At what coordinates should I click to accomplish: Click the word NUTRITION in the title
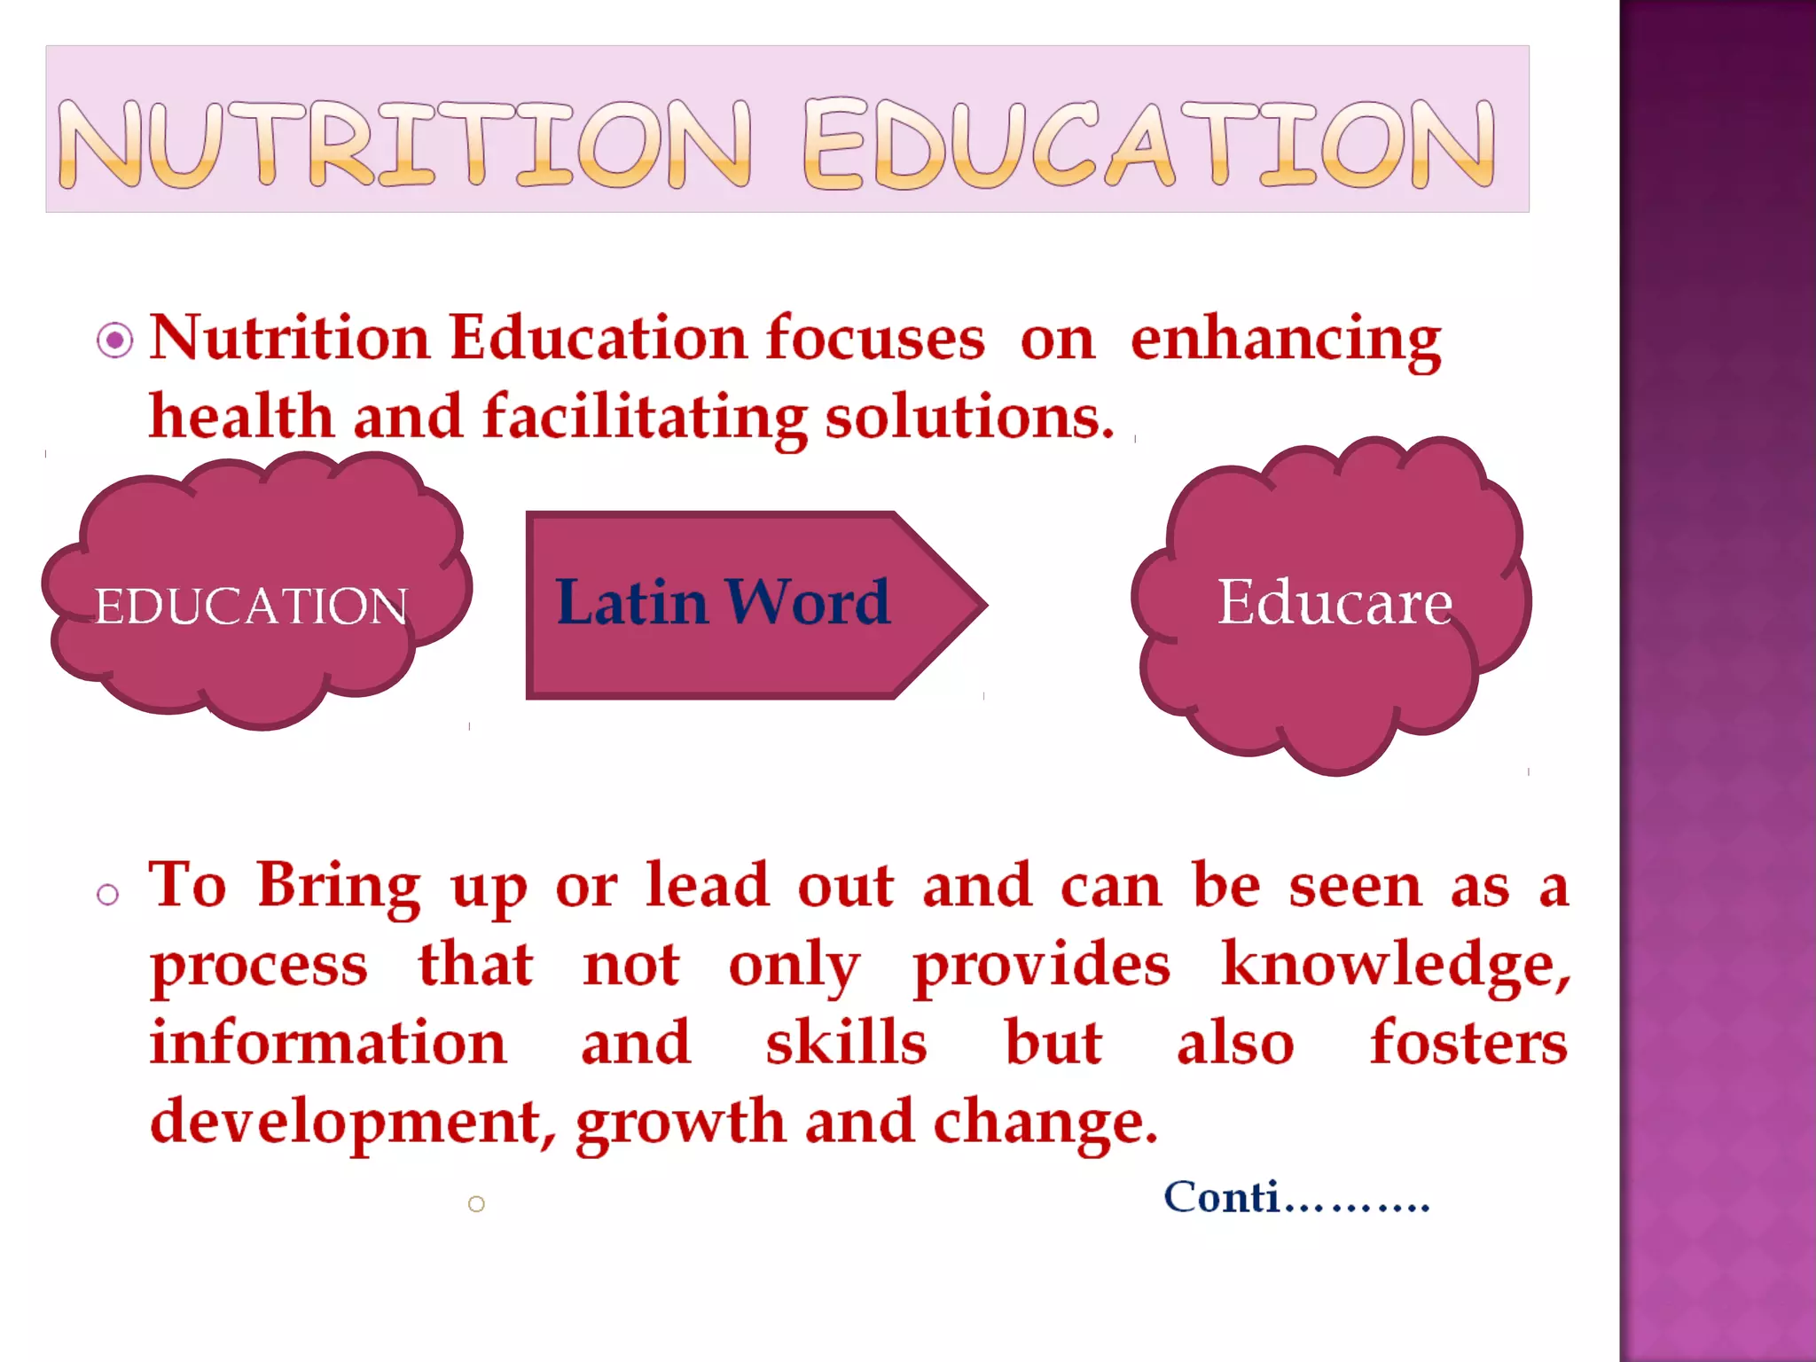point(404,144)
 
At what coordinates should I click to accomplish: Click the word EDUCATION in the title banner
point(1149,144)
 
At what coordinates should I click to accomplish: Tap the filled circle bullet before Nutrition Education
point(115,340)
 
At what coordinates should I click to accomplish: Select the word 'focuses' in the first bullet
point(874,339)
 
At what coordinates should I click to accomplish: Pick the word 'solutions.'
point(968,417)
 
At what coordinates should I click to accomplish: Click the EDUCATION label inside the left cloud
point(251,607)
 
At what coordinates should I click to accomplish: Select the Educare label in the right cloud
point(1335,603)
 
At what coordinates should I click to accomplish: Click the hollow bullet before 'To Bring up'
point(108,895)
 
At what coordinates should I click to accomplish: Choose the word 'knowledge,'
point(1395,965)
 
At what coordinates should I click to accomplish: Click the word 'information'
point(328,1043)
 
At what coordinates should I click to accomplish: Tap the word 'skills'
point(846,1043)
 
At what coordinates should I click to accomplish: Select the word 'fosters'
point(1468,1043)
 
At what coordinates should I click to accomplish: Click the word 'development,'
point(353,1121)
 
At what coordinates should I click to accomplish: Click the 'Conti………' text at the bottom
point(1296,1198)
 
